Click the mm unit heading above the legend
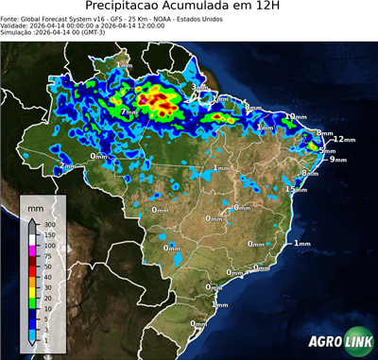pos(35,205)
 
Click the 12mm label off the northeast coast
pos(344,139)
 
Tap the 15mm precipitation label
pos(297,190)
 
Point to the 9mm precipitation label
pos(337,160)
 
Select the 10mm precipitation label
pos(296,116)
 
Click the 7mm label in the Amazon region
pos(128,112)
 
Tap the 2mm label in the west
pos(67,166)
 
